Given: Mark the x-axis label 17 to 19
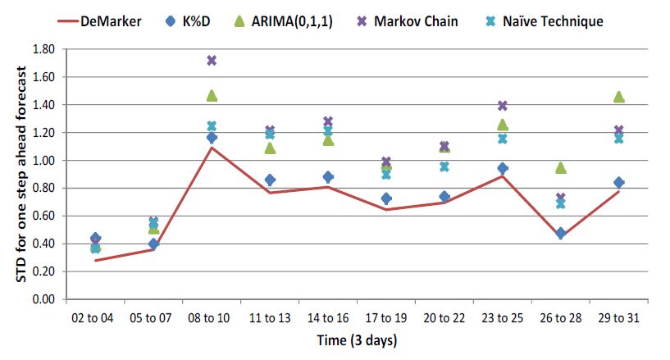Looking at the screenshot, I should coord(386,316).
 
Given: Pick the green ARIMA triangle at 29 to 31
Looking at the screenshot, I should coord(618,97).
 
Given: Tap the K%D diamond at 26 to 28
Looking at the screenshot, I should coord(560,233).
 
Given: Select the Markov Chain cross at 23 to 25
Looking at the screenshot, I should coord(502,106).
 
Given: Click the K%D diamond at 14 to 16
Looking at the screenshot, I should coord(328,176).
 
